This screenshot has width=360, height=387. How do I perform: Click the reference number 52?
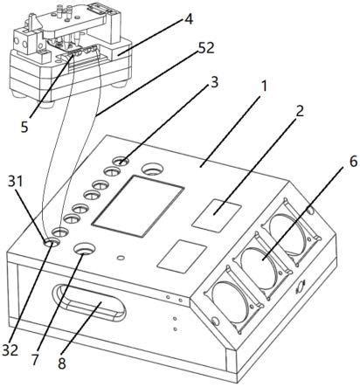205,48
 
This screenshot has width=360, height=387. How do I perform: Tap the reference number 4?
189,19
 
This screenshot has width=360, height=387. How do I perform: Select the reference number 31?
15,182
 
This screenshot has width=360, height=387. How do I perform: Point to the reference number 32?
10,349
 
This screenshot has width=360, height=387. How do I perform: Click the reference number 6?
353,162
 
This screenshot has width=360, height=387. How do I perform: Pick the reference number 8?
62,363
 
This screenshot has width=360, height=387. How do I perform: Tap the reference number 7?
35,360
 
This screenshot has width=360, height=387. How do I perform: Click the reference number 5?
24,127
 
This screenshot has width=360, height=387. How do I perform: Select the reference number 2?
300,112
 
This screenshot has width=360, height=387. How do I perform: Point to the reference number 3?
214,83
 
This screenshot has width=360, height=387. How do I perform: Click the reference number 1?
263,86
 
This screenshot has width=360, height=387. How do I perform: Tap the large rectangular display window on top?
138,206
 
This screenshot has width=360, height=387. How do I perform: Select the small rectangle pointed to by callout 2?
217,216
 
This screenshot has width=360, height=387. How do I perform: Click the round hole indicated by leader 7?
85,249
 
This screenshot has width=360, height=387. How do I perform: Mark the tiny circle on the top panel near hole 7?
120,258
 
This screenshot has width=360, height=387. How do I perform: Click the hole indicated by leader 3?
121,161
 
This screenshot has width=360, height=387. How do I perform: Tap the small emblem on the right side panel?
300,288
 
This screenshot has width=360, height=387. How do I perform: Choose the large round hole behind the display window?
152,169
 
